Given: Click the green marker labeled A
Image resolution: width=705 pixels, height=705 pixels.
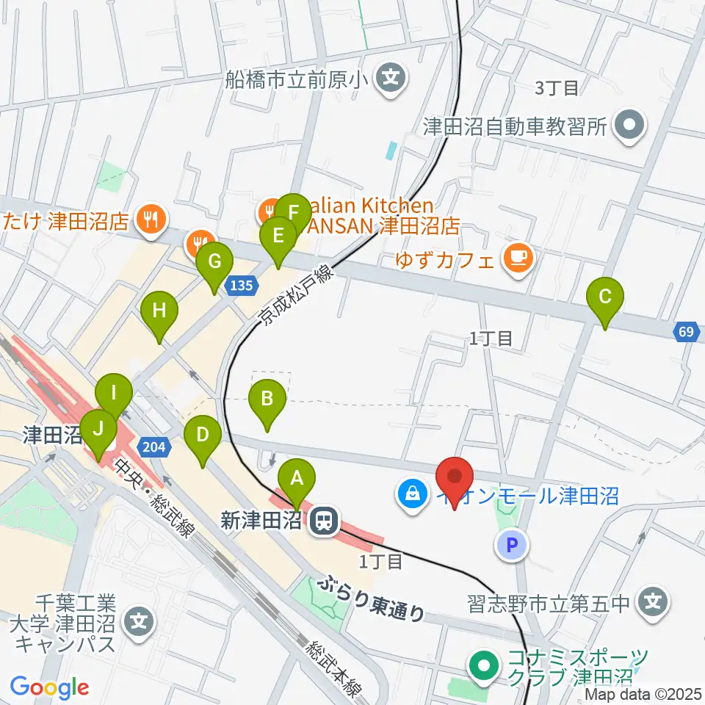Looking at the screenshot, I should coord(297,480).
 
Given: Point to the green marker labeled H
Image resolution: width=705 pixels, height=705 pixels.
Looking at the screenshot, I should coord(159,312).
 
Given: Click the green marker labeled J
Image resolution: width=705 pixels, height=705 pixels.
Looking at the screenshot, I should coord(98,429).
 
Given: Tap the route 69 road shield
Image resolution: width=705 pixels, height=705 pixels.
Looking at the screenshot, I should coord(685,333).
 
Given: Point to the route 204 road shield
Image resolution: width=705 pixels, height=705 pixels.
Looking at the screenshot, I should coord(157,446).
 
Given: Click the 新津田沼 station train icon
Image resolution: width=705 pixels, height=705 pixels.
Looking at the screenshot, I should coord(322,521).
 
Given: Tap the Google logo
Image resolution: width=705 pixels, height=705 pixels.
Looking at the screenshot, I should coord(50,687).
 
